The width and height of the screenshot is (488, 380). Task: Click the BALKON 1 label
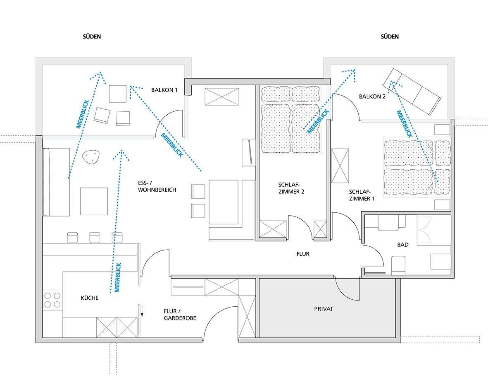[x=164, y=90]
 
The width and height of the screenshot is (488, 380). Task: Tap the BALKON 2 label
[x=372, y=96]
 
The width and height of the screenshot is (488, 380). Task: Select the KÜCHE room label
[x=90, y=298]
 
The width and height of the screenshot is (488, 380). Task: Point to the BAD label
[x=403, y=245]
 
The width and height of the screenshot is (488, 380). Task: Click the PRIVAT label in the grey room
[x=324, y=309]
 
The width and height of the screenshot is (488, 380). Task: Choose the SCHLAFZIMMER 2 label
[x=291, y=188]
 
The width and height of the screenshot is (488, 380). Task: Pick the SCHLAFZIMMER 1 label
[x=362, y=195]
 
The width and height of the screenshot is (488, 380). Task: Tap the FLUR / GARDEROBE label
[x=180, y=315]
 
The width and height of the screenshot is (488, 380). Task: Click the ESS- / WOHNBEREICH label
[x=157, y=186]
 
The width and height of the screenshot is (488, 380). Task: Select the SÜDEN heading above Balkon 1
[x=92, y=36]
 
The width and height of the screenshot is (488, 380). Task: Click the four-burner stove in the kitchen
[x=52, y=300]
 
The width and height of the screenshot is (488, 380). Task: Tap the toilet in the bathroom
[x=398, y=265]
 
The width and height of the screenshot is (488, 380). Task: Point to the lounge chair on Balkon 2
[x=412, y=91]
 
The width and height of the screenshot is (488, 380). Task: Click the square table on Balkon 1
[x=118, y=94]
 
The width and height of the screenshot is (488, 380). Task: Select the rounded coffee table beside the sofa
[x=91, y=156]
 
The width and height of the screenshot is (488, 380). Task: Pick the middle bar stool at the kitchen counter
[x=95, y=237]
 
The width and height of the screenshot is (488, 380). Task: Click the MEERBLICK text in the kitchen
[x=118, y=277]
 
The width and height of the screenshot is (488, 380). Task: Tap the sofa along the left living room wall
[x=56, y=182]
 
